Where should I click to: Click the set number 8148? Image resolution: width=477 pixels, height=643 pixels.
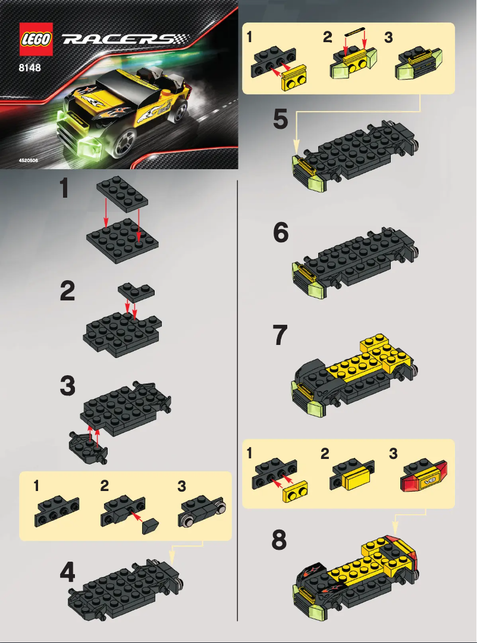click(x=29, y=67)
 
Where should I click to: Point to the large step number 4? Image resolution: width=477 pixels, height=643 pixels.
click(x=67, y=572)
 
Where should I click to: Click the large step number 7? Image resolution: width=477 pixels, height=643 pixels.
click(x=281, y=337)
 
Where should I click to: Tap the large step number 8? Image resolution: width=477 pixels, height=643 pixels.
click(x=280, y=540)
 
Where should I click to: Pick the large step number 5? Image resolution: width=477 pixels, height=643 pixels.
click(x=281, y=121)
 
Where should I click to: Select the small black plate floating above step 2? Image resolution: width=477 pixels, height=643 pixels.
click(x=136, y=290)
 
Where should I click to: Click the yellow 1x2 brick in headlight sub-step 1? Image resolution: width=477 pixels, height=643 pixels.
click(x=293, y=80)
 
